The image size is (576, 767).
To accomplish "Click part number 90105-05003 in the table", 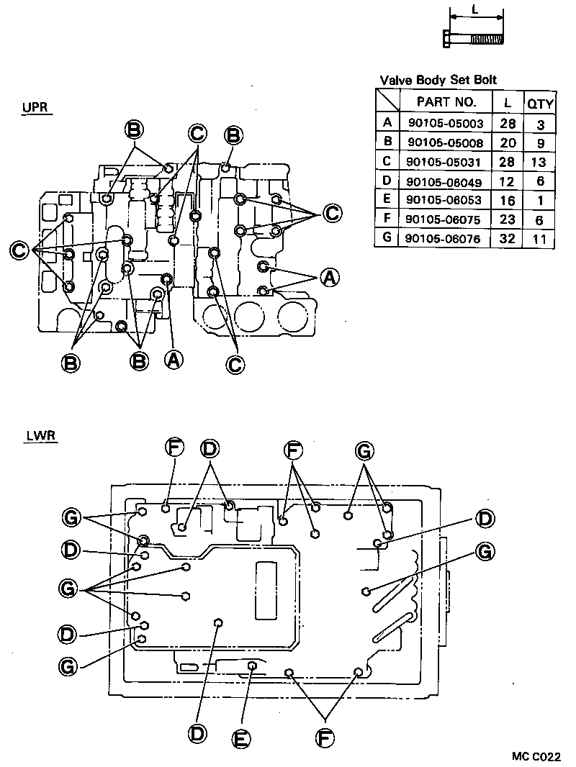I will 446,123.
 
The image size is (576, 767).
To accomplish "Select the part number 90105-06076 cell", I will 446,238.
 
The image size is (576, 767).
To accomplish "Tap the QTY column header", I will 540,103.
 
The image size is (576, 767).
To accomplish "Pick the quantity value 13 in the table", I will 540,162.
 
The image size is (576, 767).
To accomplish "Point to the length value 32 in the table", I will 508,238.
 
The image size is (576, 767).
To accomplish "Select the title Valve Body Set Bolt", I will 438,80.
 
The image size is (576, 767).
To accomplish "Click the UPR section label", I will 35,108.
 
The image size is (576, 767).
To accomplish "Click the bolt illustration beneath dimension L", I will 475,37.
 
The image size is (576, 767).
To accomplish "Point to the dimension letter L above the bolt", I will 476,10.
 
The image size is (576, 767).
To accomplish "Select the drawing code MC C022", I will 536,756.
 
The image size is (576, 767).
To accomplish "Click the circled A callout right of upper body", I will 329,277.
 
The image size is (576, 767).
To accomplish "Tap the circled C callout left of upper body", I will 21,250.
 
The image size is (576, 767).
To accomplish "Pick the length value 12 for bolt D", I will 508,181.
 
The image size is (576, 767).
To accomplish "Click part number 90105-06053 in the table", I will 446,200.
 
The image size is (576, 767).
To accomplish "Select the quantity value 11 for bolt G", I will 540,239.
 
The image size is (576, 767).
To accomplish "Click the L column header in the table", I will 508,103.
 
